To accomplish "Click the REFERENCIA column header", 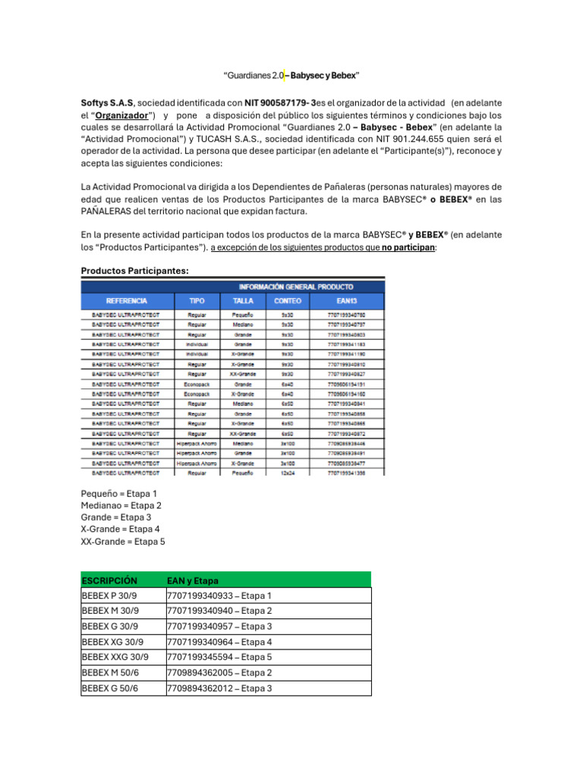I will pyautogui.click(x=127, y=301).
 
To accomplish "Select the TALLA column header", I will pyautogui.click(x=243, y=301).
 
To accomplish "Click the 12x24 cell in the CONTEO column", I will pyautogui.click(x=288, y=472).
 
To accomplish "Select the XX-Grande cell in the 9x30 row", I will pyautogui.click(x=243, y=373).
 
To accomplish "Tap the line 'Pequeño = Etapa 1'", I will pyautogui.click(x=118, y=493).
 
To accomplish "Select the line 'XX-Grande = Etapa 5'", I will pyautogui.click(x=122, y=542).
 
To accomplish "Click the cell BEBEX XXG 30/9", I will pyautogui.click(x=115, y=657).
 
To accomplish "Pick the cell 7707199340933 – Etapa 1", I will pyautogui.click(x=219, y=596).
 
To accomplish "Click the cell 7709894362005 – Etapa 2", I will pyautogui.click(x=219, y=673).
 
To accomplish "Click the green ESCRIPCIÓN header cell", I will pyautogui.click(x=109, y=580).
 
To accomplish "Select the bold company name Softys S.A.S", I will pyautogui.click(x=108, y=102).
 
